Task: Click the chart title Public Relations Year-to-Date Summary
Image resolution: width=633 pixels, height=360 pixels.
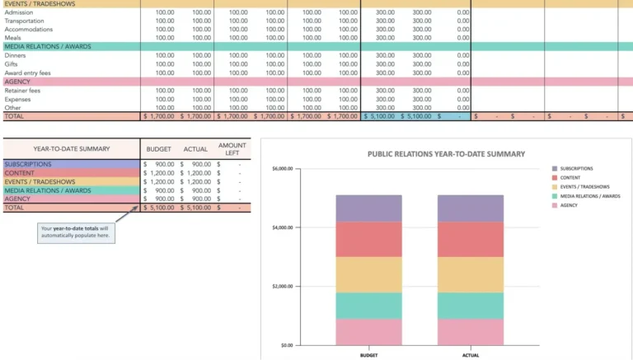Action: tap(446, 154)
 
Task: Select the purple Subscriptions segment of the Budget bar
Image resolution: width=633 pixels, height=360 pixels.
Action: tap(368, 208)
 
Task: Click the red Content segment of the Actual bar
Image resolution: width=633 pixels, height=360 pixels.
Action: tap(470, 239)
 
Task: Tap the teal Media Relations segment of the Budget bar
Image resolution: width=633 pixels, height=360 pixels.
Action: tap(368, 306)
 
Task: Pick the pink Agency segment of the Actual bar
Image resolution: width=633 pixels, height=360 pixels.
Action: tap(470, 332)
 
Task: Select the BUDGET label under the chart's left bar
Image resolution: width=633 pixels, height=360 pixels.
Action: tap(368, 355)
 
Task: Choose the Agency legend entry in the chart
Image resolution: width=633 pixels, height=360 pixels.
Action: tap(569, 205)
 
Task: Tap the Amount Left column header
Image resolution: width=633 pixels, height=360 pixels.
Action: tap(232, 149)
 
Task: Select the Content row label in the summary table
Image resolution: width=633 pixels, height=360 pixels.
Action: tap(20, 173)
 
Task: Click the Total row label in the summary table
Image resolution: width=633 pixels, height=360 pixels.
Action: tap(14, 208)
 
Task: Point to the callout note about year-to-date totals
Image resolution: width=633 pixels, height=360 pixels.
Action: tap(75, 231)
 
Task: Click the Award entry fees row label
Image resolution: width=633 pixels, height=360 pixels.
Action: tap(28, 72)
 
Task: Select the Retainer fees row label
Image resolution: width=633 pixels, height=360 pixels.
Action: tap(23, 91)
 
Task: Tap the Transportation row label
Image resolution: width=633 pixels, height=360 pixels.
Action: tap(25, 21)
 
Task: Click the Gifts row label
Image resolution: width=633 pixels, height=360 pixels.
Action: tap(12, 63)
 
